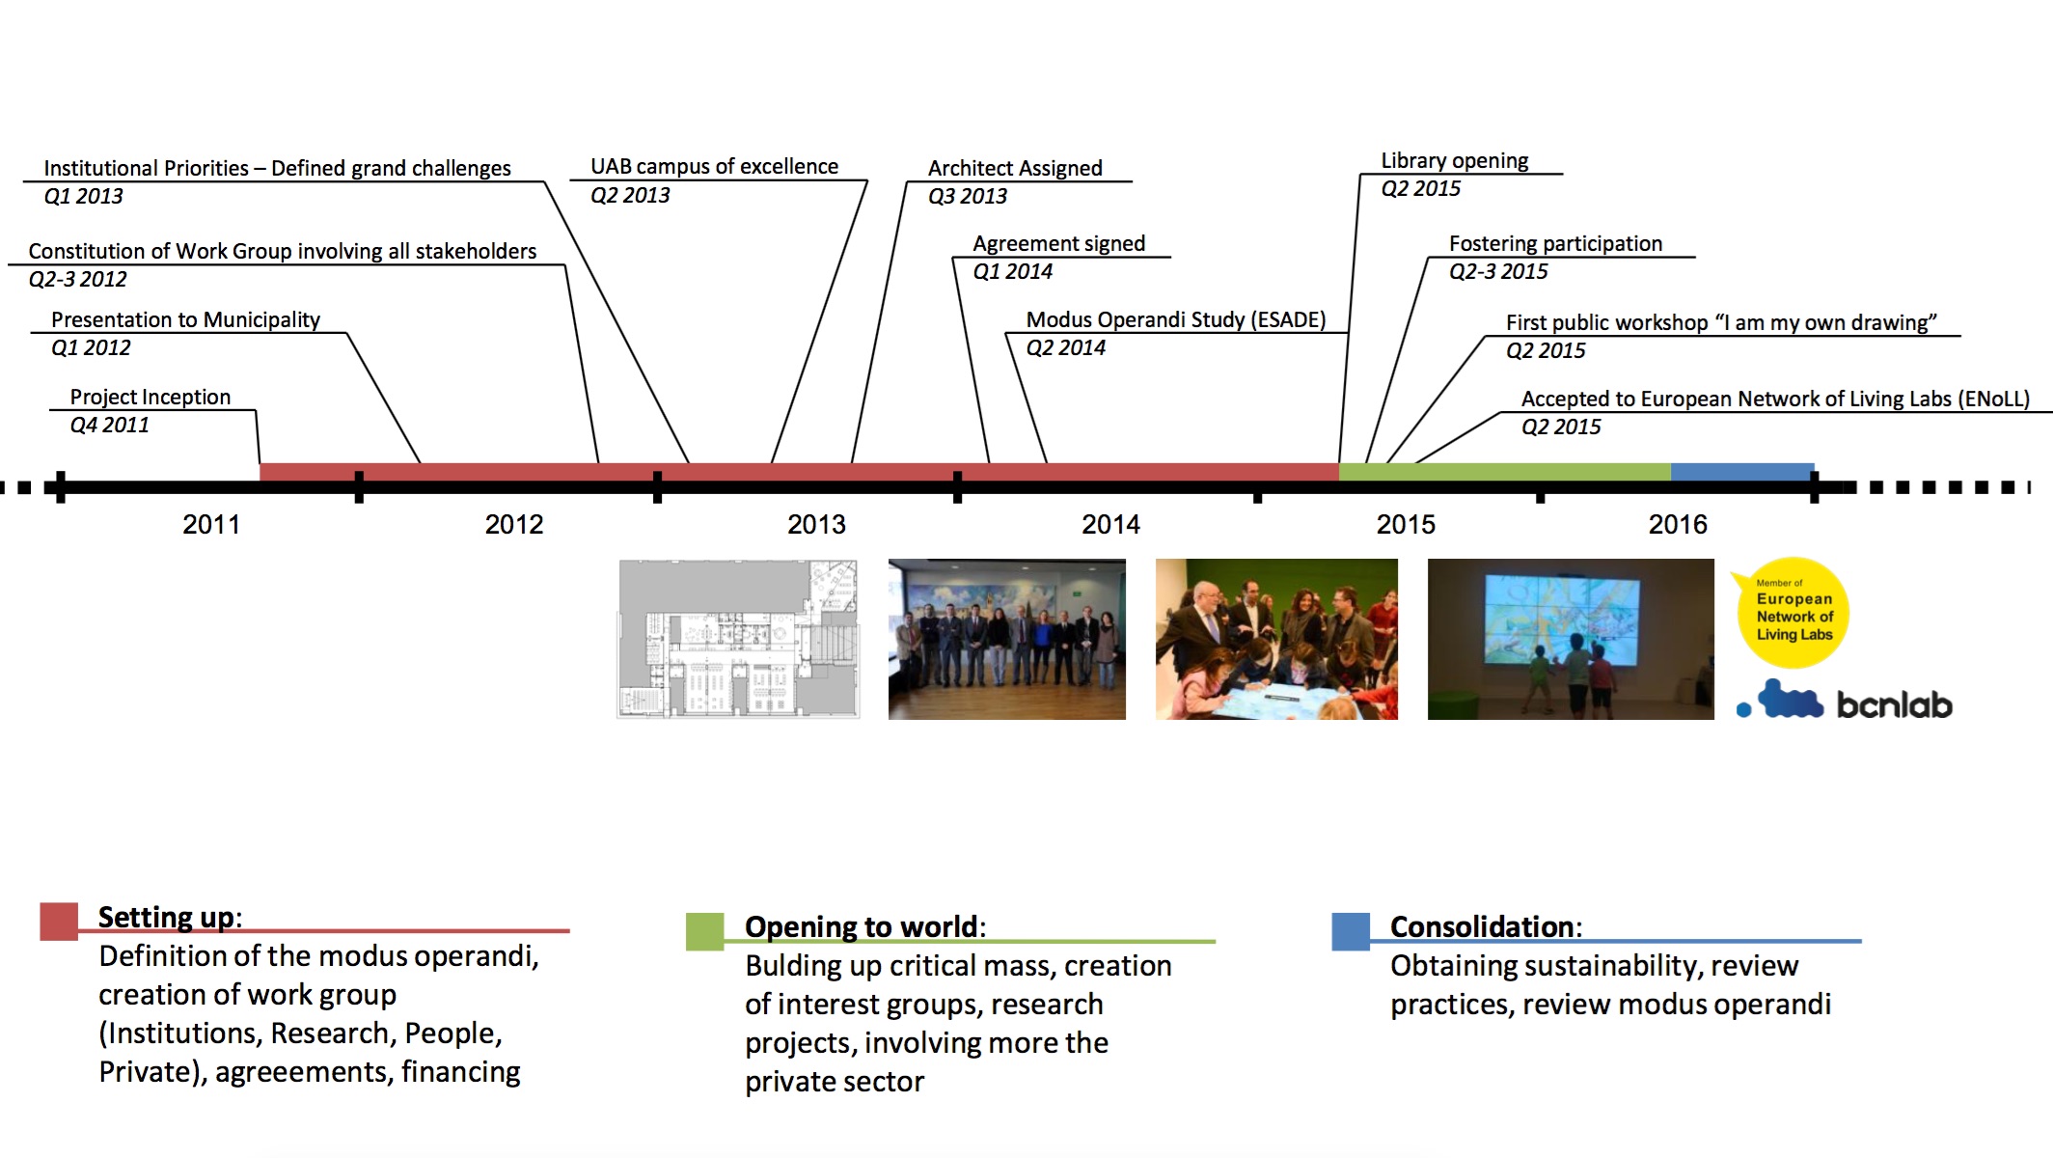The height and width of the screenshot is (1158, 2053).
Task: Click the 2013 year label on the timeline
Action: [816, 524]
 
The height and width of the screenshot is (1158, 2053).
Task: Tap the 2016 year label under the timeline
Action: [1678, 524]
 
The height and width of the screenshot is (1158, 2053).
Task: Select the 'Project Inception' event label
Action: [151, 397]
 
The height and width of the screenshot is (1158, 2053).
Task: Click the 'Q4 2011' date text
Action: [109, 425]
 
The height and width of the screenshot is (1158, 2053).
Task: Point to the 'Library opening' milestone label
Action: [1455, 160]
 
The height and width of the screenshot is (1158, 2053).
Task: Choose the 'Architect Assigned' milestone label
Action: [1015, 168]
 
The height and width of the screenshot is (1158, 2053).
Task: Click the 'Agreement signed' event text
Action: [1059, 243]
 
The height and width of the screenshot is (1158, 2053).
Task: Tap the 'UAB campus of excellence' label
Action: [715, 166]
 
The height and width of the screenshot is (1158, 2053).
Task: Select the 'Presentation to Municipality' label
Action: [185, 319]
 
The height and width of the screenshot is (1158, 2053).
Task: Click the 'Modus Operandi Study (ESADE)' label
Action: [1176, 319]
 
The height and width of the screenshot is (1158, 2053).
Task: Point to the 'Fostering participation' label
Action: [1555, 243]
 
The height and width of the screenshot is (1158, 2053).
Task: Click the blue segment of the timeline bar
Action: [1742, 472]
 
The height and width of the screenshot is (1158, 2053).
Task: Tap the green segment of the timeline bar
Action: [1505, 472]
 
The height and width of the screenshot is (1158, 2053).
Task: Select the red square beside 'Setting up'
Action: [59, 921]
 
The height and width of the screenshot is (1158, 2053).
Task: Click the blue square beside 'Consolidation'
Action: [1351, 931]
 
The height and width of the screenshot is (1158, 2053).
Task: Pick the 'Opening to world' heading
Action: [862, 926]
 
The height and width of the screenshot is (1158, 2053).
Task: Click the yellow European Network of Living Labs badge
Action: [1793, 613]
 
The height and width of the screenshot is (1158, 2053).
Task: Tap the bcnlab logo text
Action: [1894, 704]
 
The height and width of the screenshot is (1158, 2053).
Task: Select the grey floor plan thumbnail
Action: [738, 639]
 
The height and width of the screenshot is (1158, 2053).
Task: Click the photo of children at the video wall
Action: [1571, 639]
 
